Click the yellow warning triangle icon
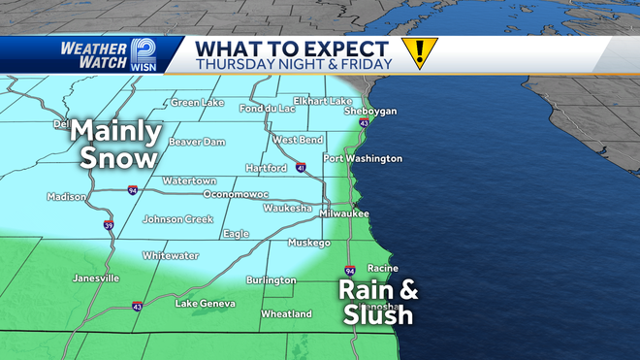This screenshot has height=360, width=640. (x=420, y=52)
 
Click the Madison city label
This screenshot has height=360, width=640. (x=67, y=197)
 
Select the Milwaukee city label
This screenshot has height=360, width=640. (x=345, y=213)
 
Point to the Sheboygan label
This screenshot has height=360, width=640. (x=369, y=112)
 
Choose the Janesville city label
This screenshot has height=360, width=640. (x=96, y=278)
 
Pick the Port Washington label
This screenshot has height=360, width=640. (x=363, y=158)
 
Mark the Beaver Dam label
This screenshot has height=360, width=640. (x=197, y=142)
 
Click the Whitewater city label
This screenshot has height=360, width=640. (x=171, y=255)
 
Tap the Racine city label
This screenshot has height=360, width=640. (x=382, y=268)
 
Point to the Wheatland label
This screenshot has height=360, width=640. (x=286, y=313)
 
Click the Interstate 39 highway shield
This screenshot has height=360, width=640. (x=108, y=225)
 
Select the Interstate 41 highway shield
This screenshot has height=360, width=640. (x=302, y=169)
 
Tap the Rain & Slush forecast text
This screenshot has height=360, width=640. (x=376, y=301)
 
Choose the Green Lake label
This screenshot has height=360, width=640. (x=198, y=103)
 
